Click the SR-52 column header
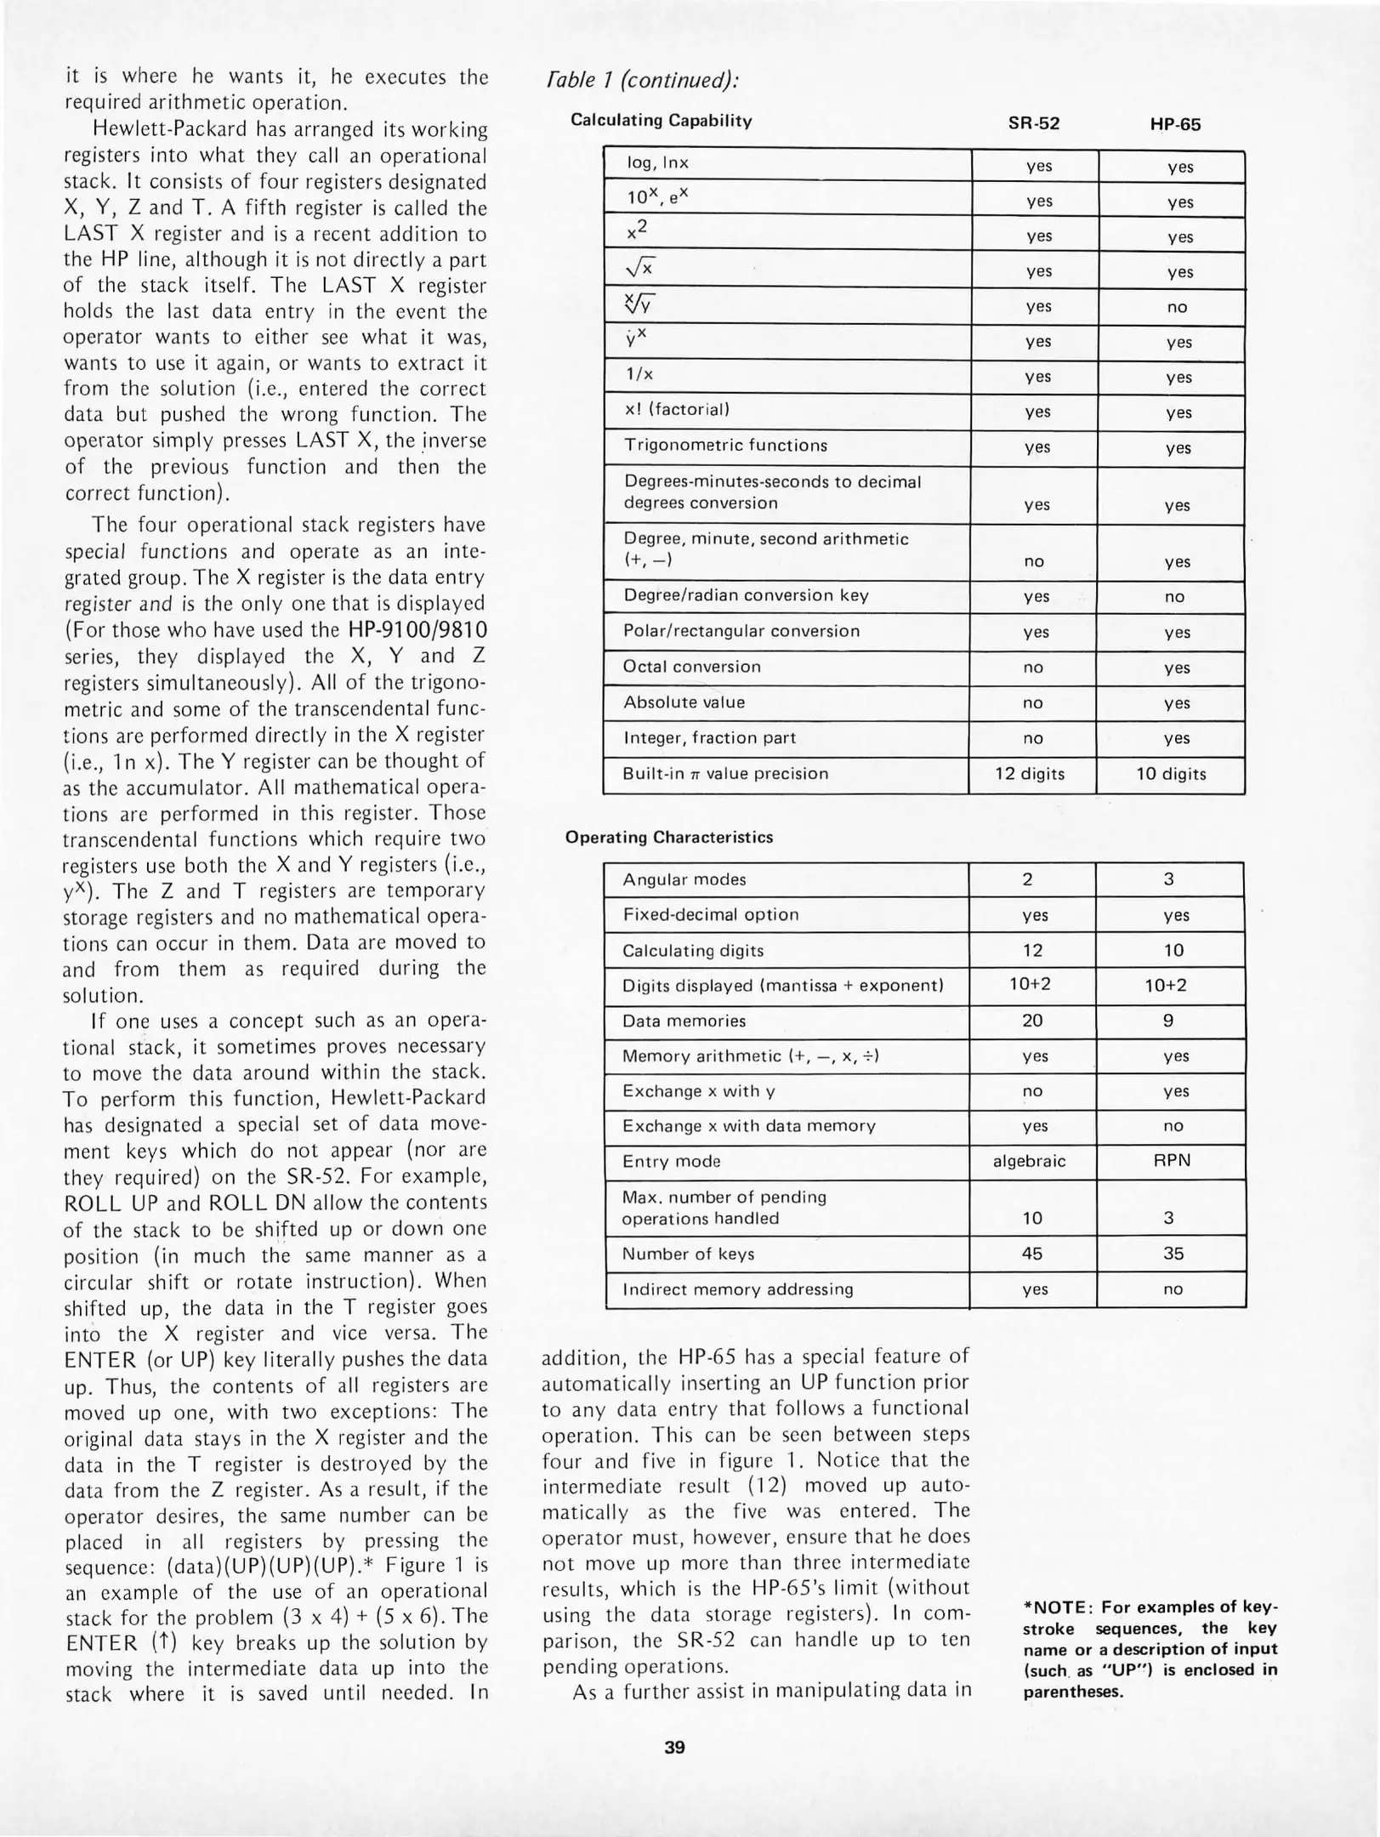[1033, 123]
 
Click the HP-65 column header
[1175, 125]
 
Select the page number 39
[674, 1747]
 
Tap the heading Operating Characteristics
[669, 837]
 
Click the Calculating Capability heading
[661, 120]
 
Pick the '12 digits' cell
[1030, 774]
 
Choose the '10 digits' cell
[1171, 774]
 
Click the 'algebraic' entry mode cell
[1029, 1161]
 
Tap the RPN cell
[1171, 1161]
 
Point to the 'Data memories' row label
[684, 1021]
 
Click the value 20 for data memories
[1031, 1021]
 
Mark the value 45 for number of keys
[1031, 1254]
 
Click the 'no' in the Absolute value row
[1032, 703]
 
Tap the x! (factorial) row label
[677, 410]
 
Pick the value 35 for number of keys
[1173, 1254]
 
